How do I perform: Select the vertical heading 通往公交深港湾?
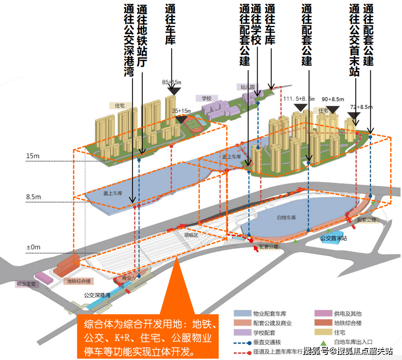(x=129, y=41)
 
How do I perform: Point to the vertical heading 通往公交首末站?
(x=355, y=41)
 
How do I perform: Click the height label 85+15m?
(x=171, y=82)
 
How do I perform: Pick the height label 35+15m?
(x=182, y=111)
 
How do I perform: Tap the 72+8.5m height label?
(x=361, y=107)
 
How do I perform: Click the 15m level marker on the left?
(x=33, y=156)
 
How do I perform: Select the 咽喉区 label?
(x=191, y=235)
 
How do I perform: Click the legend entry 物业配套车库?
(x=269, y=314)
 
